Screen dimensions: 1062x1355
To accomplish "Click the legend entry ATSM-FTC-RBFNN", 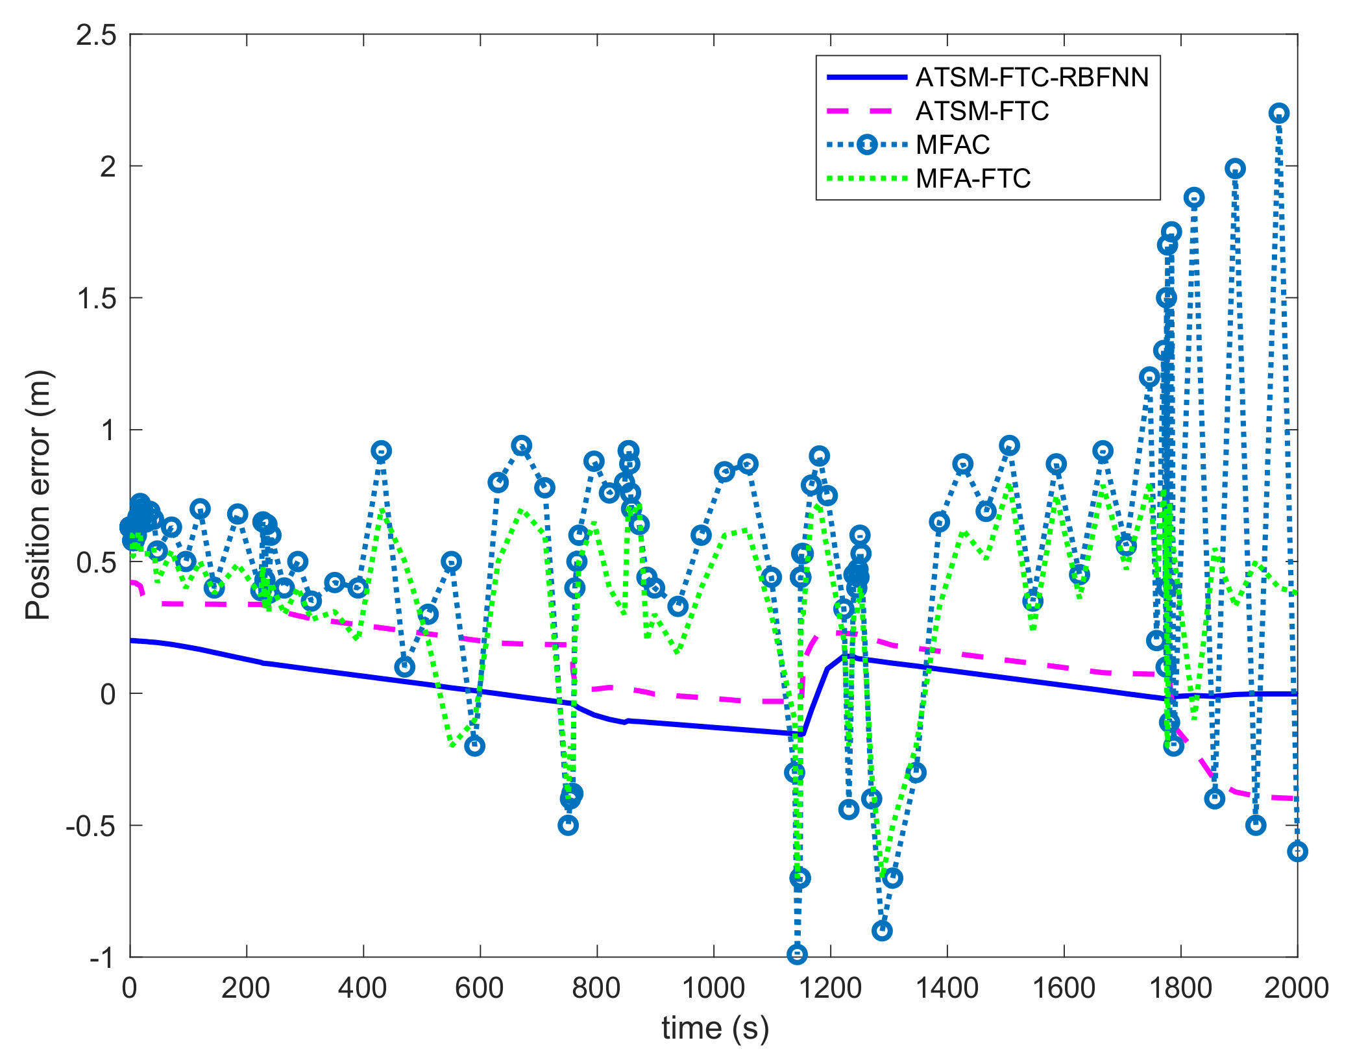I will pos(1031,77).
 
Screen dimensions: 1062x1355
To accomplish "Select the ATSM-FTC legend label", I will pos(982,111).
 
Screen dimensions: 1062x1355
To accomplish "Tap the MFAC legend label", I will pos(953,145).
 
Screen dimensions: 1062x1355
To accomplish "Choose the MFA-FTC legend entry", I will pos(973,179).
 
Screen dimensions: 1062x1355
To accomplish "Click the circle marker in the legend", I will pos(867,145).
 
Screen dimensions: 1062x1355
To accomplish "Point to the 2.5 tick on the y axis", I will pos(96,35).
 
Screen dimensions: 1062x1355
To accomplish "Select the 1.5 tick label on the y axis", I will pos(96,299).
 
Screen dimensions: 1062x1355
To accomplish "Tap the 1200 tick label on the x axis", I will pos(830,989).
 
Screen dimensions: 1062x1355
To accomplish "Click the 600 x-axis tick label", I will pos(480,989).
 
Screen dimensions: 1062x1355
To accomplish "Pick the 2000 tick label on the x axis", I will pos(1296,989).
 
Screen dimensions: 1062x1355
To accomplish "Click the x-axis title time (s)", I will pos(714,1029).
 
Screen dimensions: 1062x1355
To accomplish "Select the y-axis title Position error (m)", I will pos(38,495).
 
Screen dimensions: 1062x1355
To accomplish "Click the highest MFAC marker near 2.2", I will pos(1278,114).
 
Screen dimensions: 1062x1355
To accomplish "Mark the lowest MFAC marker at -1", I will pos(797,954).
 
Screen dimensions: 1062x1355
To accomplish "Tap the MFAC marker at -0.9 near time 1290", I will pos(881,930).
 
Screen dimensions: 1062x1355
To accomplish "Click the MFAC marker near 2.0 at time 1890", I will pos(1235,169).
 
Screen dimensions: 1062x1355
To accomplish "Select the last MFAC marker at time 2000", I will pos(1297,852).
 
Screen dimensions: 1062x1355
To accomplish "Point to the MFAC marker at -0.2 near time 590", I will pos(474,746).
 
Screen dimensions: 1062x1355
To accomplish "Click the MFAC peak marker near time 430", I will pos(382,451).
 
